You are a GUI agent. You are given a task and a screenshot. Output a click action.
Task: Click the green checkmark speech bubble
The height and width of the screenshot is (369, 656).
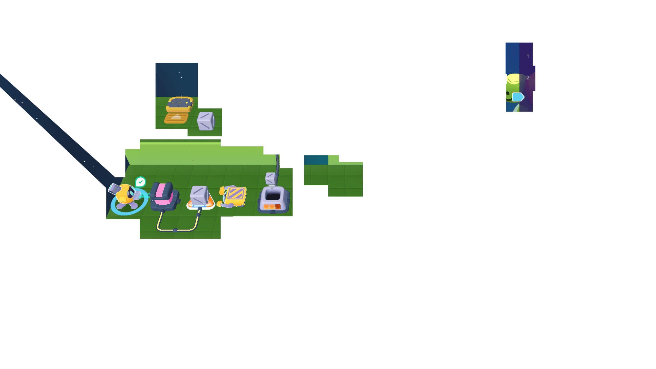[140, 182]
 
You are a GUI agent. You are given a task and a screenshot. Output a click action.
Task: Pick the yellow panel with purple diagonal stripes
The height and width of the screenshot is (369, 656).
[235, 195]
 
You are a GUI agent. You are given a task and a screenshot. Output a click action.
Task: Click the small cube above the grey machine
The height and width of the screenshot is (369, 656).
[270, 178]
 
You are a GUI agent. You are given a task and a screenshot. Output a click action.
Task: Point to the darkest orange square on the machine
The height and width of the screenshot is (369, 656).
[278, 207]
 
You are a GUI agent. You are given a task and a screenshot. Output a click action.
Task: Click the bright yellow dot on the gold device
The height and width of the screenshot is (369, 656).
[187, 103]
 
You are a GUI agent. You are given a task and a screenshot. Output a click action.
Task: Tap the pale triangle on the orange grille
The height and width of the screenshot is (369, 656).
[176, 117]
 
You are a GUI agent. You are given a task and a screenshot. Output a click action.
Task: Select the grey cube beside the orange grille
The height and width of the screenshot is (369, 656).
[206, 121]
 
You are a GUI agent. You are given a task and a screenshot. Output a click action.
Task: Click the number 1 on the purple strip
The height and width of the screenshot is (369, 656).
[528, 57]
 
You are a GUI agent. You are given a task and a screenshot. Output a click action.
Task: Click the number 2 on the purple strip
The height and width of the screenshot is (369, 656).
[528, 78]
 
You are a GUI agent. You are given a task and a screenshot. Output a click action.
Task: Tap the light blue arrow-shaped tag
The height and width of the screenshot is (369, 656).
[518, 97]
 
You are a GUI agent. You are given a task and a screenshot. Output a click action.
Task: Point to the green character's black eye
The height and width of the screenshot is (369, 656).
[508, 93]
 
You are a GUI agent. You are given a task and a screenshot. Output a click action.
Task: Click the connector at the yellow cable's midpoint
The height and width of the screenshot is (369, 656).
[175, 230]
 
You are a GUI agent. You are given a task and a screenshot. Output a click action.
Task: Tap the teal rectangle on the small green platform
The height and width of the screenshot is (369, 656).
[316, 160]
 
